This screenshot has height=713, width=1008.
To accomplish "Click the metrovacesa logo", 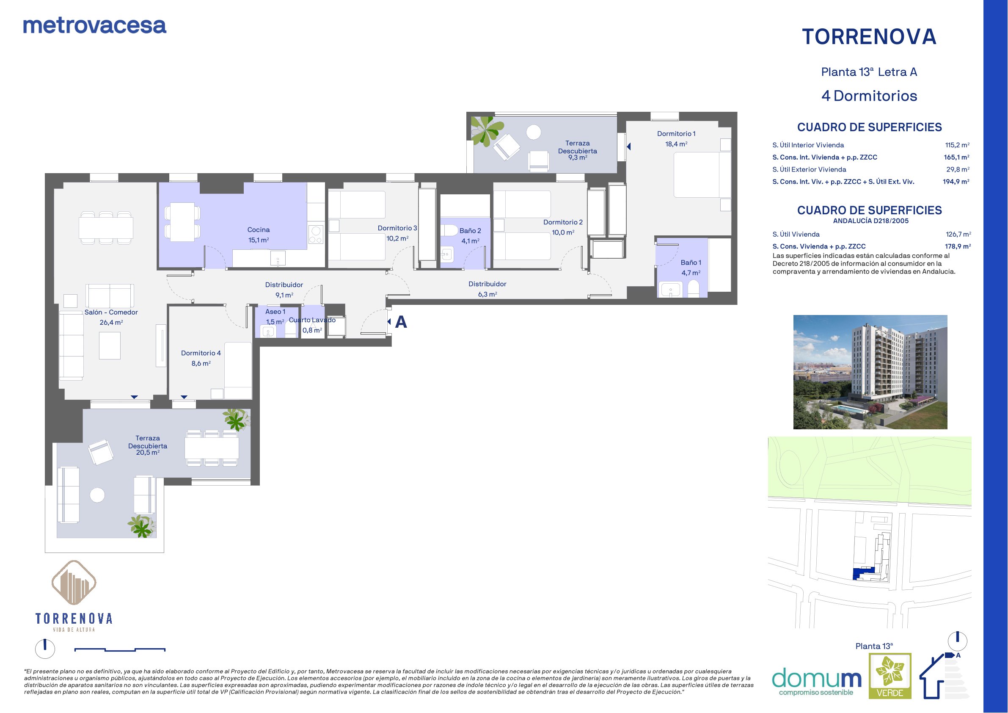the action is click(94, 26).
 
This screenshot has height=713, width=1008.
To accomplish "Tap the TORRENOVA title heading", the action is click(869, 37).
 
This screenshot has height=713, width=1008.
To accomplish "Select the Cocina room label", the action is click(259, 230).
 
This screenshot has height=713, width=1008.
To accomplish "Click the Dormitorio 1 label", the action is click(676, 133).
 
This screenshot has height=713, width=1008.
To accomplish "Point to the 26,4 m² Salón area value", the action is click(111, 323).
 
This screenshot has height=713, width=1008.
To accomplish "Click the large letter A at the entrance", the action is click(401, 322).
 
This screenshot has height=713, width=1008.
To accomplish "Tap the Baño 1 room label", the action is click(691, 262).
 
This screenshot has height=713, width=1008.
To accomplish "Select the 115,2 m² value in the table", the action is click(957, 145).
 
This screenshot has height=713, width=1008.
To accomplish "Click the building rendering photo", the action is click(870, 372).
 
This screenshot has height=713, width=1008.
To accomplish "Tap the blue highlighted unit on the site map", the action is click(863, 573).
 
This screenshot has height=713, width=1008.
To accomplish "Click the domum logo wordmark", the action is click(816, 678).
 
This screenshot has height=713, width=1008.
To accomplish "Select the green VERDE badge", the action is click(890, 676).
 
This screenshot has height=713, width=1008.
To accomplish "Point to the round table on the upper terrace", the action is click(534, 132).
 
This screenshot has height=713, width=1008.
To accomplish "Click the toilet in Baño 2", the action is click(449, 230).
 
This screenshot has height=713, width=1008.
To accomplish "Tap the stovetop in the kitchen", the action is click(316, 234).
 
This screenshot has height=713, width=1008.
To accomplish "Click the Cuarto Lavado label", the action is click(312, 320).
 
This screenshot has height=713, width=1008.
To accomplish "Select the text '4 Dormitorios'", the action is click(869, 96).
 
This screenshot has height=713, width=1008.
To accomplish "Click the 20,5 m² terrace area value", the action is click(148, 453).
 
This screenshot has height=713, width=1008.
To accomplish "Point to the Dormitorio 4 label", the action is click(201, 353).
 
